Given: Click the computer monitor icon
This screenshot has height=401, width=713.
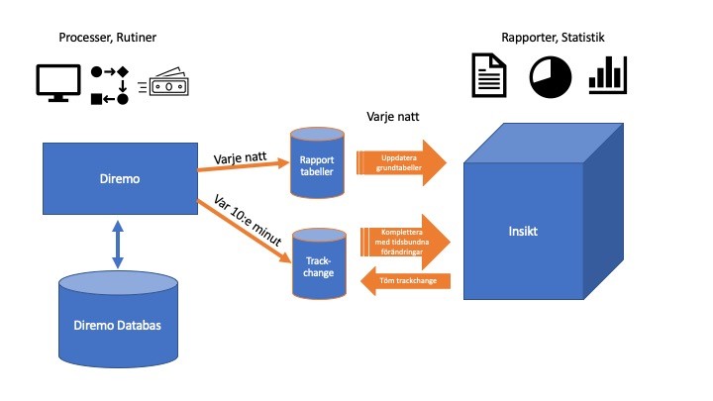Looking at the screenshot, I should [57, 83].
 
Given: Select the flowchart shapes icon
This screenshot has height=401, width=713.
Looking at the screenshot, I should [110, 85].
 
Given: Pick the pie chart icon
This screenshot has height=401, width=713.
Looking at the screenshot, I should [551, 77].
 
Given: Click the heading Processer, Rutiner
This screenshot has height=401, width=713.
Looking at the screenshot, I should [108, 37].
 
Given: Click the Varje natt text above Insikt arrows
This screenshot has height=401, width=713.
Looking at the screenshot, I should [392, 116].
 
